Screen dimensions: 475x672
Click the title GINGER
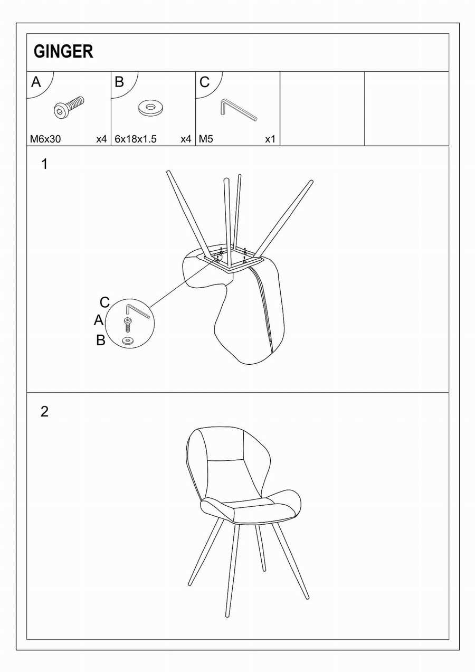point(63,51)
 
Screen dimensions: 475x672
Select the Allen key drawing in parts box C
point(239,110)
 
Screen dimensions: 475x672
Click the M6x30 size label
point(45,139)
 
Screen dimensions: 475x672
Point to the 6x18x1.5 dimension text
point(136,139)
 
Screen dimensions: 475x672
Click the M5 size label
point(206,139)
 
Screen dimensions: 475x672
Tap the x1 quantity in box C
point(270,139)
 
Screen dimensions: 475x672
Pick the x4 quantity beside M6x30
point(101,139)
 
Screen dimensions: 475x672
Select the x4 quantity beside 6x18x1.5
point(186,139)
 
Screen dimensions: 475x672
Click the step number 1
point(44,164)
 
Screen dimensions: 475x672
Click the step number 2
point(44,412)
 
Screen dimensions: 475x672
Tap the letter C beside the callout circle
point(104,302)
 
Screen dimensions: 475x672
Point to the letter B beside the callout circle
point(101,340)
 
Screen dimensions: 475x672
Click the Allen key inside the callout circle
point(137,311)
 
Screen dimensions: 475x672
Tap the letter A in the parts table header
point(36,82)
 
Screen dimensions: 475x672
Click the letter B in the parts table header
point(119,82)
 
